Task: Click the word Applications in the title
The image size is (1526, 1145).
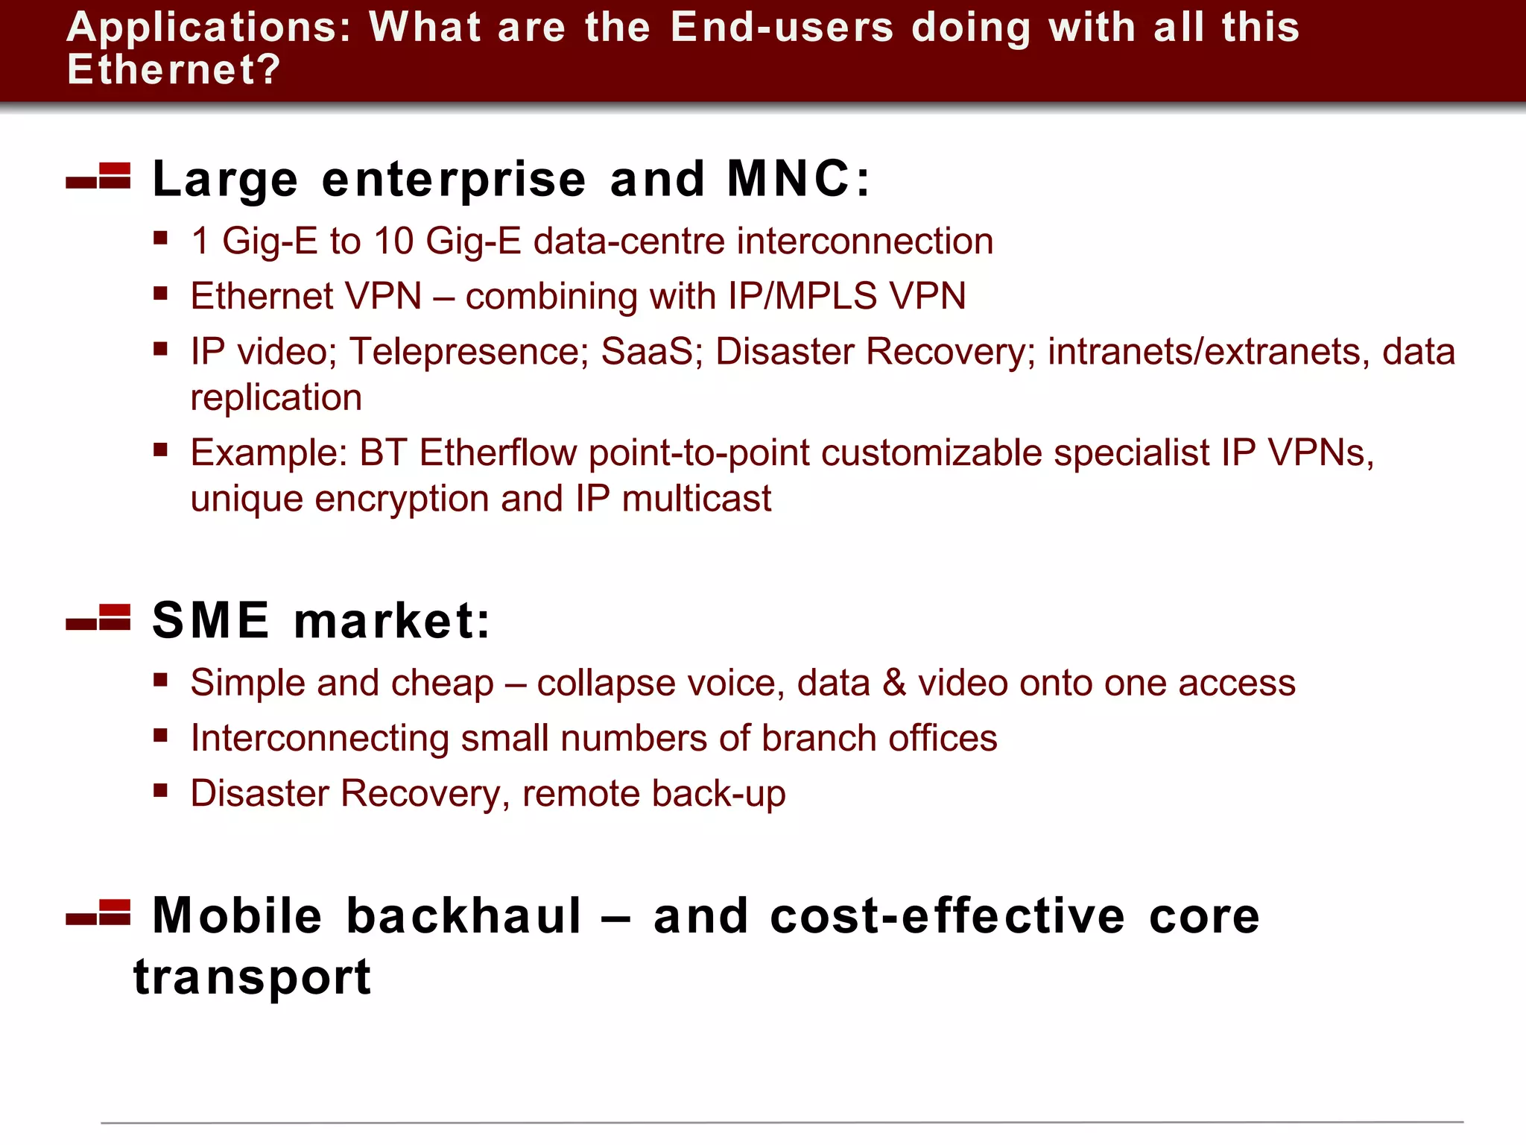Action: click(208, 28)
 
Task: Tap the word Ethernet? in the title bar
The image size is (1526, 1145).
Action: click(174, 70)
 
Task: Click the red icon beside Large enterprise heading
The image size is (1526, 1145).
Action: click(99, 177)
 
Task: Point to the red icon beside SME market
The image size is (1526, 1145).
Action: click(99, 618)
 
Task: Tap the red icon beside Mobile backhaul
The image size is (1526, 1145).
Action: click(99, 912)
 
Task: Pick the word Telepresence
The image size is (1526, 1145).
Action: click(469, 351)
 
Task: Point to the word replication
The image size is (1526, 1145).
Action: click(276, 398)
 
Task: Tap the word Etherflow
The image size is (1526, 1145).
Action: click(498, 452)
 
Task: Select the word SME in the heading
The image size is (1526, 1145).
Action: click(211, 620)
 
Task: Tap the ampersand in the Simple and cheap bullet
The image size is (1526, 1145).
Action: click(894, 683)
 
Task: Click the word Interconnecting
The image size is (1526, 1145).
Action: click(320, 738)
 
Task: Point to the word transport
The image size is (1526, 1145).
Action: click(253, 977)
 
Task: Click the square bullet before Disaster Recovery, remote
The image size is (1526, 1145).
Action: click(160, 790)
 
